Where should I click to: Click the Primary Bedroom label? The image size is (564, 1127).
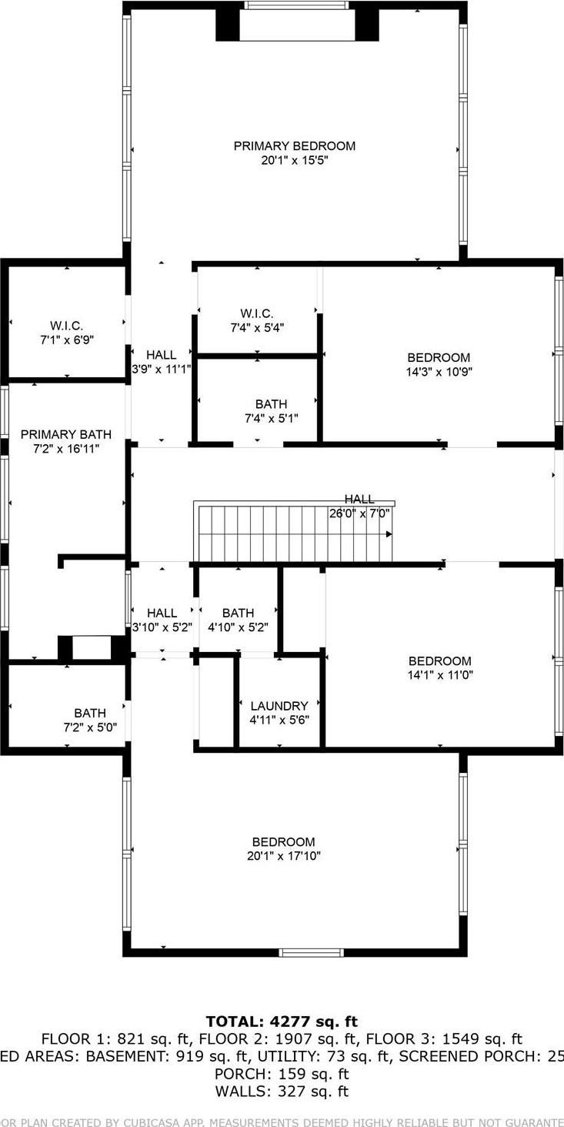pyautogui.click(x=294, y=145)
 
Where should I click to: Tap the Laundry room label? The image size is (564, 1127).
pyautogui.click(x=279, y=706)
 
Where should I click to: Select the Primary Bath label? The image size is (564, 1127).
pyautogui.click(x=66, y=435)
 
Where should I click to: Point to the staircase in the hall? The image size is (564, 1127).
pyautogui.click(x=292, y=533)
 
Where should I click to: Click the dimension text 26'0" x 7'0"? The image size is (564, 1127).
pyautogui.click(x=359, y=513)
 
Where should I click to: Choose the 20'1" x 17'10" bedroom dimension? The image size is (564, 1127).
pyautogui.click(x=284, y=856)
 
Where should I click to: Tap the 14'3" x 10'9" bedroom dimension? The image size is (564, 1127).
pyautogui.click(x=439, y=372)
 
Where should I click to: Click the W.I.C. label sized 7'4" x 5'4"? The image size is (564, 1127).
pyautogui.click(x=256, y=313)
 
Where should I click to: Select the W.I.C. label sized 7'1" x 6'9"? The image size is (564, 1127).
pyautogui.click(x=67, y=326)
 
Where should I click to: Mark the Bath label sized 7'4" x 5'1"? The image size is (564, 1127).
pyautogui.click(x=271, y=404)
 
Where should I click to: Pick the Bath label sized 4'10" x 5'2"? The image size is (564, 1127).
pyautogui.click(x=238, y=613)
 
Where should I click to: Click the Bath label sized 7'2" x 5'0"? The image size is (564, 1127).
pyautogui.click(x=90, y=713)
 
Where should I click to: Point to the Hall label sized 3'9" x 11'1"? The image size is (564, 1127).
pyautogui.click(x=162, y=355)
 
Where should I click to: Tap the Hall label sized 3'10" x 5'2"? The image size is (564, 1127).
pyautogui.click(x=162, y=613)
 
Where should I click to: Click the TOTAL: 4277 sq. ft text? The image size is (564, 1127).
pyautogui.click(x=282, y=1022)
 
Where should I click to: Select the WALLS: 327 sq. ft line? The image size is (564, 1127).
pyautogui.click(x=282, y=1091)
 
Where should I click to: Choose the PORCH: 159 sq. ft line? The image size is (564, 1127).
pyautogui.click(x=282, y=1074)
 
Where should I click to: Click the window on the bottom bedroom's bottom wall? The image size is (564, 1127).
pyautogui.click(x=311, y=952)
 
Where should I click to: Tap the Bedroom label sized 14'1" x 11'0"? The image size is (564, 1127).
pyautogui.click(x=439, y=661)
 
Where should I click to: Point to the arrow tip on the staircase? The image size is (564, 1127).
pyautogui.click(x=390, y=533)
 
